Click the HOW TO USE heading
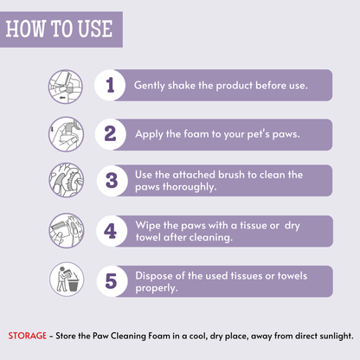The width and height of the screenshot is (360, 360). tap(59, 29)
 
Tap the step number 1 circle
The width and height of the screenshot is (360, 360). tap(110, 85)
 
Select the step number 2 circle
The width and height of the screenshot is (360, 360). tap(111, 134)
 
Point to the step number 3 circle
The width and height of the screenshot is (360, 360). tap(112, 181)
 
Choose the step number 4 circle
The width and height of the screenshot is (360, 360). tap(112, 231)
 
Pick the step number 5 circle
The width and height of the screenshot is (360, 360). tap(112, 281)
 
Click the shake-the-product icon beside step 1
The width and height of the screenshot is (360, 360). tap(66, 87)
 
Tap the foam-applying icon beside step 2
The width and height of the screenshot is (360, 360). tap(66, 134)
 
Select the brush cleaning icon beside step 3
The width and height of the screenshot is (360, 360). tap(66, 180)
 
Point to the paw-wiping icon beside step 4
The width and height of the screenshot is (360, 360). tap(67, 230)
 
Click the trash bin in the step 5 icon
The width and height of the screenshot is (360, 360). tap(73, 285)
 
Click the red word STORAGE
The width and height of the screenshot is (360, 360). tap(28, 336)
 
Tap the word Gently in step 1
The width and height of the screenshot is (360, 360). tap(150, 86)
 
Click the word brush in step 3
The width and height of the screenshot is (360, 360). tap(231, 175)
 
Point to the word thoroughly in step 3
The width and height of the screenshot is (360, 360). tap(190, 187)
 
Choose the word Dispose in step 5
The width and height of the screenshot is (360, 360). tap(154, 276)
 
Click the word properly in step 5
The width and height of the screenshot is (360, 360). tap(157, 288)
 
